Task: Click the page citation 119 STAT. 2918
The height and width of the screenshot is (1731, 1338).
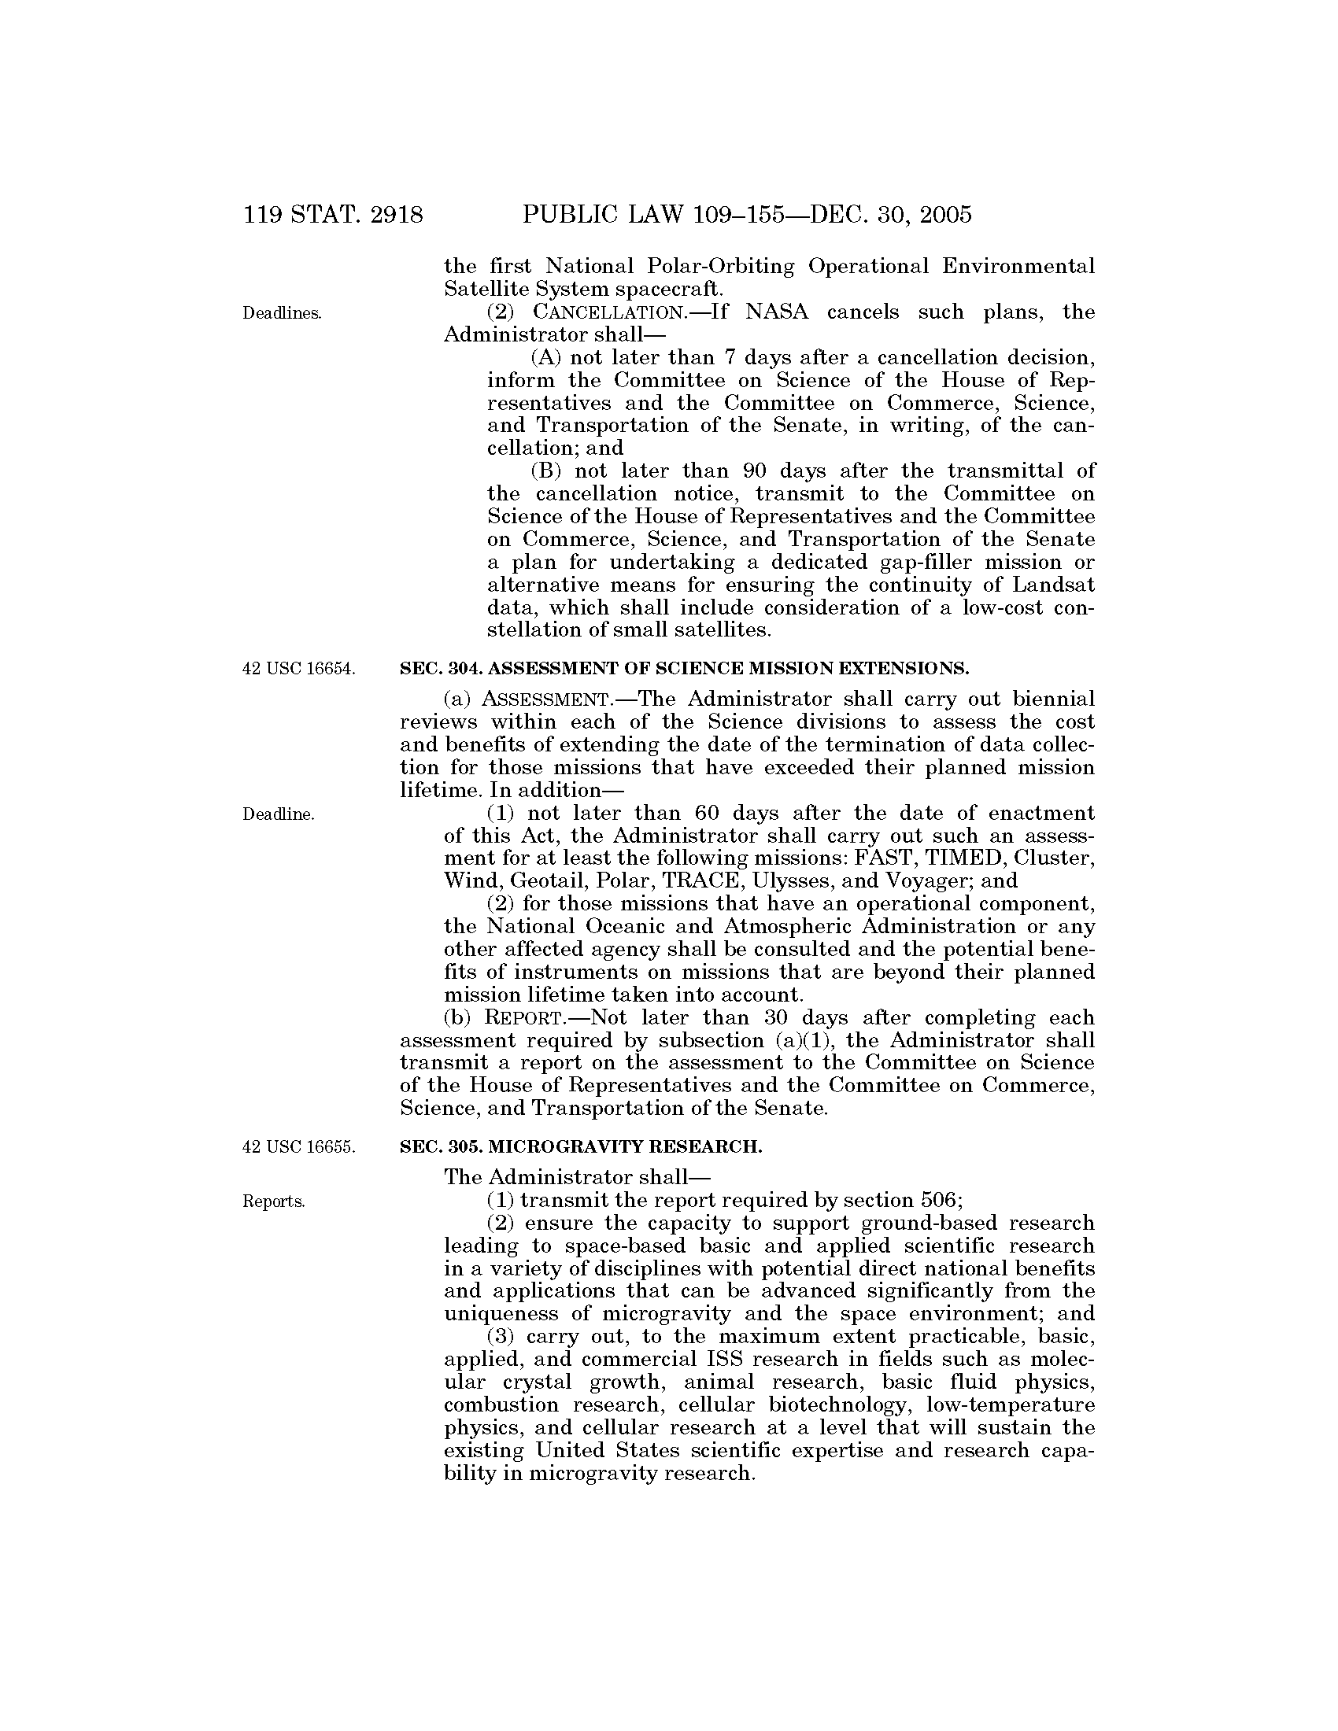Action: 334,215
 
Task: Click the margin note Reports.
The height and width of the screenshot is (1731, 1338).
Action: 273,1201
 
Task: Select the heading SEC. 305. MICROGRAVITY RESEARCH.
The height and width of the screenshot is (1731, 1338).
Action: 581,1147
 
